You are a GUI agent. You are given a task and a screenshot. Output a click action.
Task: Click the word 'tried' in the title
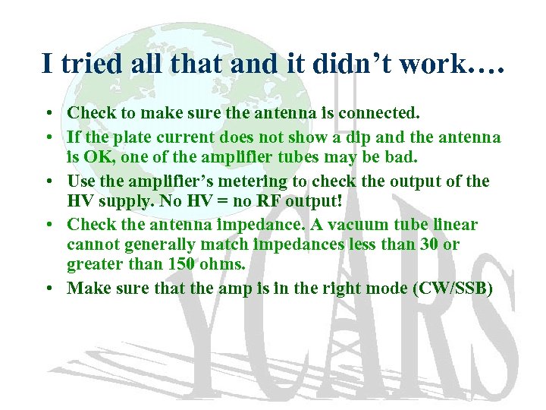coord(86,63)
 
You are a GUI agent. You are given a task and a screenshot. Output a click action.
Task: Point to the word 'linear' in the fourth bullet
coord(453,225)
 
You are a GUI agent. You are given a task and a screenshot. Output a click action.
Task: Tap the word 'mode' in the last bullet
coord(385,289)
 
